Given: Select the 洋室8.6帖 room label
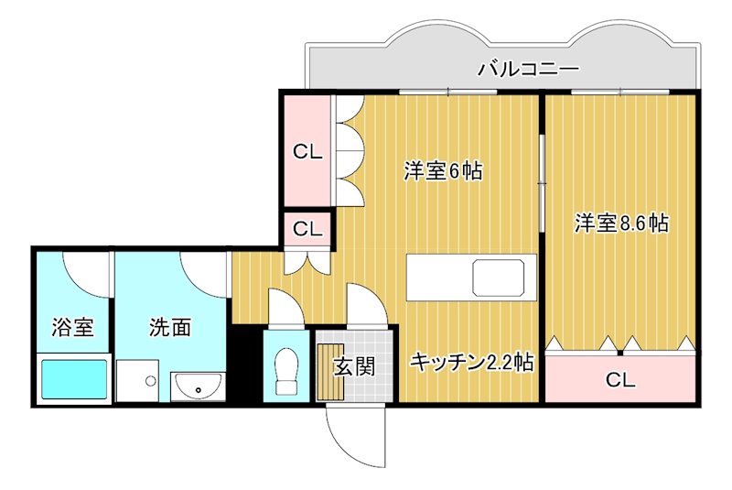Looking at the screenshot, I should [621, 223].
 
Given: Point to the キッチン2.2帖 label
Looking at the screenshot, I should [471, 364].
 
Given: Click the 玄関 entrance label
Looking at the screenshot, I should [353, 366].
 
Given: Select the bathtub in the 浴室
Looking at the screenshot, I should [74, 379].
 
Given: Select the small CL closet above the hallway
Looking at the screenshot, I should [307, 229].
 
